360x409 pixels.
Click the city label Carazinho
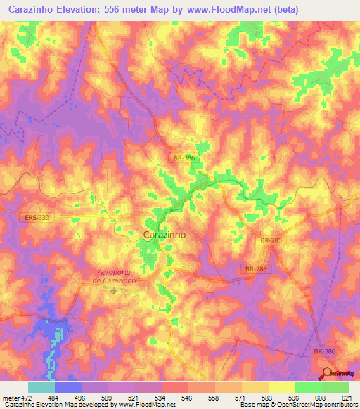tap(164, 235)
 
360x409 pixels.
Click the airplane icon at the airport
tap(114, 290)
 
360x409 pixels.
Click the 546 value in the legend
tap(187, 398)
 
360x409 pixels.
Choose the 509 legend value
tap(107, 398)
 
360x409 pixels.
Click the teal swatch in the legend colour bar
tap(41, 387)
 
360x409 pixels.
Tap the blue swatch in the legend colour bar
tap(67, 387)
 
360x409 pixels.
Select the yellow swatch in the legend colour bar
tap(281, 387)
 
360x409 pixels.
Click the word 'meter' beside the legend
tap(9, 398)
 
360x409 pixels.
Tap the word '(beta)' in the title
tap(280, 9)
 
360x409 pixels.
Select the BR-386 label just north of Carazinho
tap(184, 159)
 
